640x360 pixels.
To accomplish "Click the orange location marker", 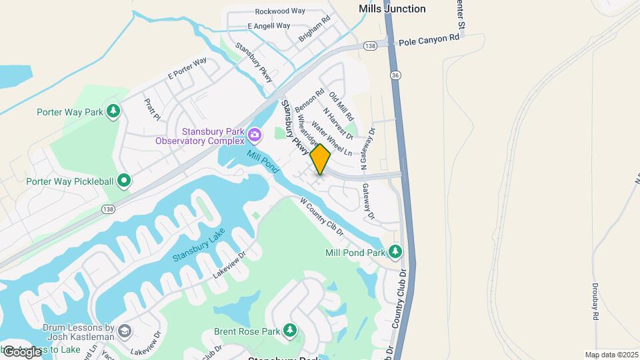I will click(x=321, y=159).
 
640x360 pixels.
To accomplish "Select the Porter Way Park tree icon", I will click(x=113, y=111).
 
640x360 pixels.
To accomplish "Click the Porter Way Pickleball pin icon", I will click(x=124, y=181).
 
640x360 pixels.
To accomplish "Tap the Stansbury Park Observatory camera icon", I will click(x=254, y=135).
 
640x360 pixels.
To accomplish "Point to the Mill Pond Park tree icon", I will click(x=396, y=251).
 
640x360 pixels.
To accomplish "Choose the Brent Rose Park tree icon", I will click(x=289, y=330).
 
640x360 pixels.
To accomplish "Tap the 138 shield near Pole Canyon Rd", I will click(x=371, y=45).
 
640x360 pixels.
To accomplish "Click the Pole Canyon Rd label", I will click(x=429, y=41).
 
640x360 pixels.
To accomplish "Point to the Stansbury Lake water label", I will click(x=199, y=245).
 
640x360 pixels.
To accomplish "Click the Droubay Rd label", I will click(x=595, y=301).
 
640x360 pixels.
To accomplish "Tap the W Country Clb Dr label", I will click(x=321, y=216).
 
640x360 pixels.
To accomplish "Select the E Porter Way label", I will click(x=187, y=69).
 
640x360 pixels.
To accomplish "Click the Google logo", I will click(x=22, y=351).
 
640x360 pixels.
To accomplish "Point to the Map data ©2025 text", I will click(x=611, y=355).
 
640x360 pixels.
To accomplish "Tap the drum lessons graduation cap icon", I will click(x=124, y=331).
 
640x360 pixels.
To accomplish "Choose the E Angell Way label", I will click(x=269, y=26).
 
